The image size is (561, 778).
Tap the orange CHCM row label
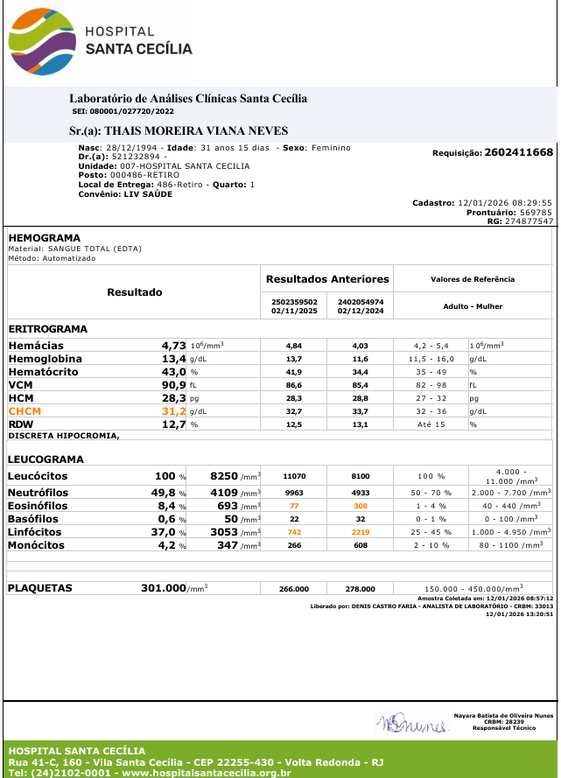25,410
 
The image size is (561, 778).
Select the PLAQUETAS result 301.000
164,588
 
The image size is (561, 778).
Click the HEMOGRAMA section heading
44,238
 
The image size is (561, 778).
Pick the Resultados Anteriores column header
327,279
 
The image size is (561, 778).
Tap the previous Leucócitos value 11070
294,476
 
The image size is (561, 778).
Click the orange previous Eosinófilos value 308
361,506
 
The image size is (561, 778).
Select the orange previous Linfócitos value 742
294,532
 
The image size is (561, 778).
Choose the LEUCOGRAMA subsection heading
46,459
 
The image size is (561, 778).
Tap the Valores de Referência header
473,279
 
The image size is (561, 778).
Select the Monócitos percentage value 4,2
166,545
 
